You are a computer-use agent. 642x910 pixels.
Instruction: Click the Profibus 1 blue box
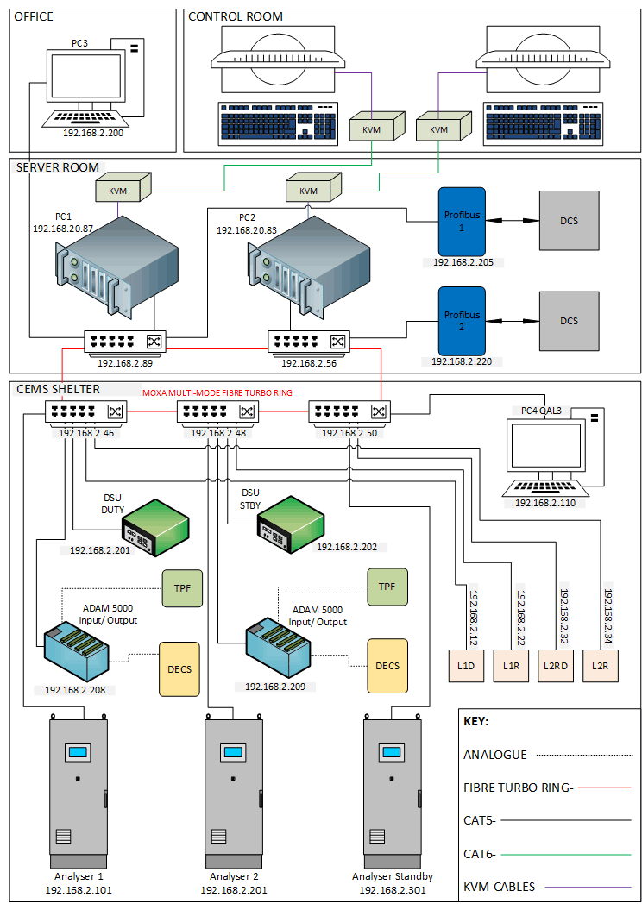point(462,220)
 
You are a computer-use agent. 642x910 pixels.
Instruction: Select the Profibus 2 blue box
point(462,320)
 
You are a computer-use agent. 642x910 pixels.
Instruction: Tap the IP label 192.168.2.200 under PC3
point(92,134)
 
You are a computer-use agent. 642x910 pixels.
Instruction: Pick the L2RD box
point(555,666)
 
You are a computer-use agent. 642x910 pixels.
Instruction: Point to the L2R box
point(600,666)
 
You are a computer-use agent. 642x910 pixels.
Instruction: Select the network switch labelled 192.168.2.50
point(349,412)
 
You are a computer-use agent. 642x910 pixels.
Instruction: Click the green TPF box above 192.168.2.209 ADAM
point(387,586)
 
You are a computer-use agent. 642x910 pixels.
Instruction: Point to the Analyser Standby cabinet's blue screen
point(394,752)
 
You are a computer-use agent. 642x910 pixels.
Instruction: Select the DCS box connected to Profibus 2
point(569,321)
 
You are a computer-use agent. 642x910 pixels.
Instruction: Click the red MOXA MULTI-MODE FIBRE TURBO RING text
point(217,392)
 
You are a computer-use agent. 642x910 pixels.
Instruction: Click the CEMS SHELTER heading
point(58,390)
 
